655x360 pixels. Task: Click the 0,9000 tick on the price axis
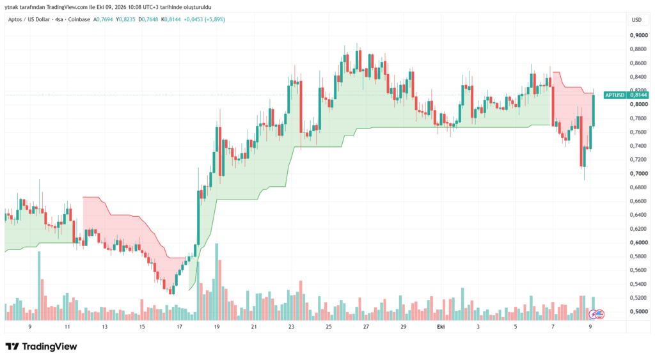click(639, 36)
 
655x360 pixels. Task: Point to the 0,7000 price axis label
click(639, 173)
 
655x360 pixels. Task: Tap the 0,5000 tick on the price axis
click(639, 311)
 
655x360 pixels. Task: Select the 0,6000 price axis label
click(639, 242)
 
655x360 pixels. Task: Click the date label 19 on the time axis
click(217, 327)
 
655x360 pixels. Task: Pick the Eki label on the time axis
click(441, 327)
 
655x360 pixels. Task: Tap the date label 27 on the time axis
click(366, 327)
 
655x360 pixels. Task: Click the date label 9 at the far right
click(590, 327)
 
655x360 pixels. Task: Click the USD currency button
click(636, 20)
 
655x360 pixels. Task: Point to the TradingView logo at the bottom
click(42, 347)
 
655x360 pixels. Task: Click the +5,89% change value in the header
click(215, 20)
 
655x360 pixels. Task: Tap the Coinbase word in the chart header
click(79, 20)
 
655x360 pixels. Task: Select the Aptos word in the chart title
click(15, 20)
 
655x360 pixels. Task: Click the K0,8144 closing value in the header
click(171, 20)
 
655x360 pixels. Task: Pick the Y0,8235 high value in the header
click(126, 20)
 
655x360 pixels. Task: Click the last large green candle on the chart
click(593, 111)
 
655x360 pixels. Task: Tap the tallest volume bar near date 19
click(216, 282)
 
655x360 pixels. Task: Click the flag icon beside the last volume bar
click(599, 314)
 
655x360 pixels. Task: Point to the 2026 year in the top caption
click(117, 7)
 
